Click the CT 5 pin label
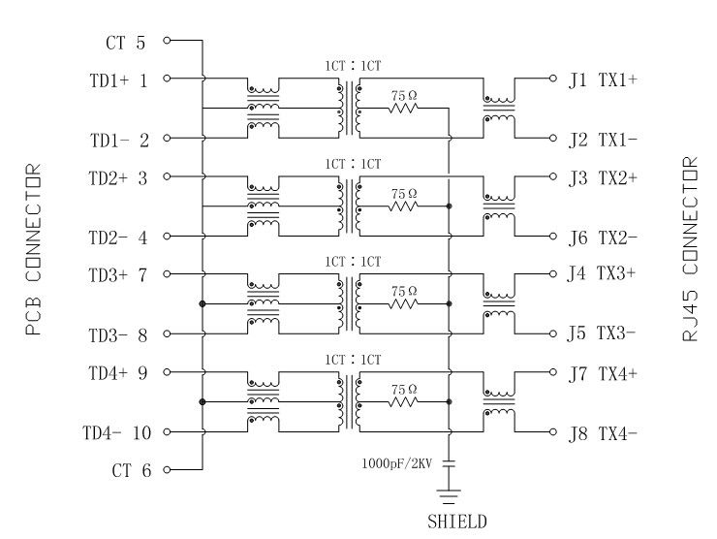click(125, 43)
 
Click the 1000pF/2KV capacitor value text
click(397, 462)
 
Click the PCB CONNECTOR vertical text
click(33, 250)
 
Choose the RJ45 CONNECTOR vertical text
click(690, 250)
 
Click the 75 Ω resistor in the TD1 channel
click(403, 109)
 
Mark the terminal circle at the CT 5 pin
click(167, 41)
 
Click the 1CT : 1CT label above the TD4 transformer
click(353, 360)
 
